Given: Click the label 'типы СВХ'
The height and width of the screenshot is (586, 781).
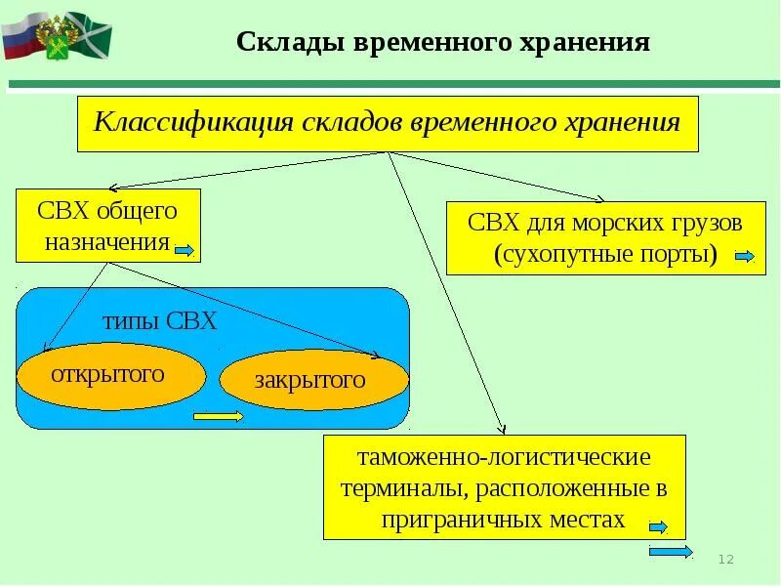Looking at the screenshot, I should (x=159, y=321).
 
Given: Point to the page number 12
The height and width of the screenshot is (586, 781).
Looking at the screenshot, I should (x=725, y=558).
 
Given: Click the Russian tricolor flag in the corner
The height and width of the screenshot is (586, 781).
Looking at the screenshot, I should (x=21, y=36).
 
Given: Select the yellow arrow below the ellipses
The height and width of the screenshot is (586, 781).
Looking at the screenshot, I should (x=219, y=417).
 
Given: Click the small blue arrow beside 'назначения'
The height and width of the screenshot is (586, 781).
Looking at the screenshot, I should (x=185, y=251).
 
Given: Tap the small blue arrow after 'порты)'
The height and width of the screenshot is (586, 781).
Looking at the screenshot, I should (x=744, y=257).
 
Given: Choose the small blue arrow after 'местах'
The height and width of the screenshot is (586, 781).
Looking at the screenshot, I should (x=657, y=527).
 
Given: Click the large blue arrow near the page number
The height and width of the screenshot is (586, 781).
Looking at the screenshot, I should (x=671, y=552).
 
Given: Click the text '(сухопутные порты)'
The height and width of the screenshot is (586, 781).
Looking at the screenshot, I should (x=605, y=256).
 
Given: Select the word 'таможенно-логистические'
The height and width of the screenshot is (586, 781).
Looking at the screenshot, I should (x=504, y=456).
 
